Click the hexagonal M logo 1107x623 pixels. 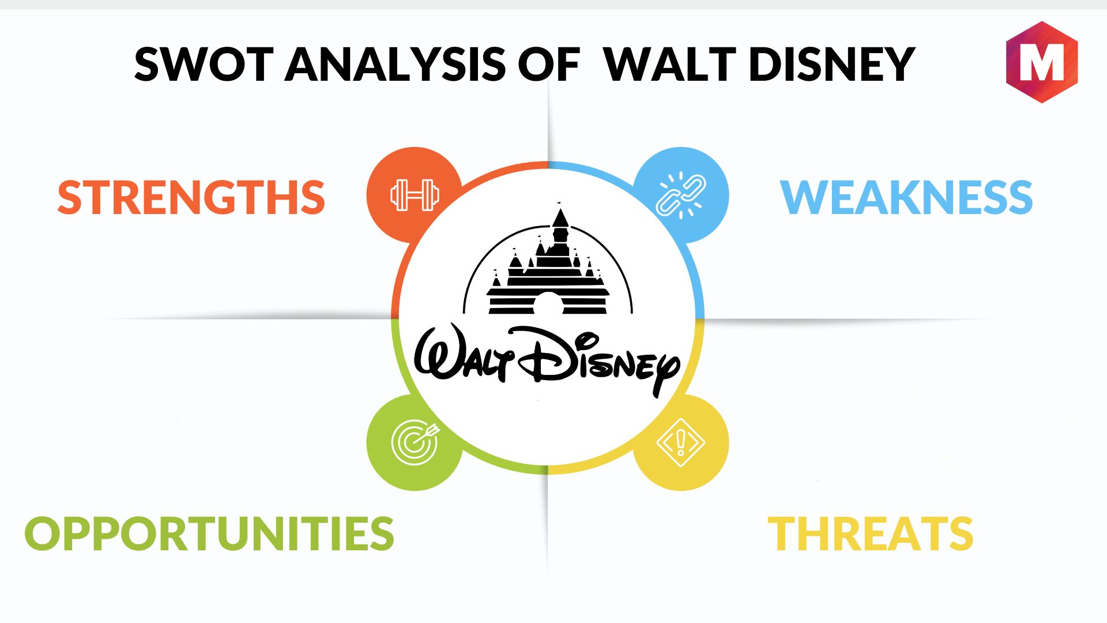(1042, 62)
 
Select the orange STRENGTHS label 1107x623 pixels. (191, 197)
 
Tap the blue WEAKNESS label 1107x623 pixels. (906, 197)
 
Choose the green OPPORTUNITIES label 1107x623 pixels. (209, 533)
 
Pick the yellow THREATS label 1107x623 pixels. (871, 533)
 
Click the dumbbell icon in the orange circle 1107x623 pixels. (415, 195)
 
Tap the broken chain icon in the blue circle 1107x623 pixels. (681, 195)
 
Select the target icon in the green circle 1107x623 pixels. (415, 442)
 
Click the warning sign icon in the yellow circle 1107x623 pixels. (681, 442)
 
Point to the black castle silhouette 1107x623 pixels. (548, 262)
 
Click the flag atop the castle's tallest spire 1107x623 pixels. (559, 204)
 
